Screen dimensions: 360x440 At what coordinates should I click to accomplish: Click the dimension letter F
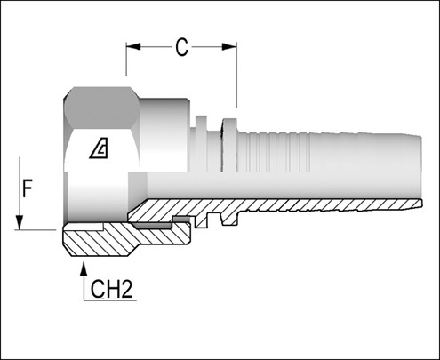[28, 188]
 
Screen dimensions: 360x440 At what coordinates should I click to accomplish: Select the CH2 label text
[111, 287]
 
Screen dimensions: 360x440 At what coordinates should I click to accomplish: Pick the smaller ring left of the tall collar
[204, 142]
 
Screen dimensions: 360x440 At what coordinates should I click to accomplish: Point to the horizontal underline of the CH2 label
[111, 301]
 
